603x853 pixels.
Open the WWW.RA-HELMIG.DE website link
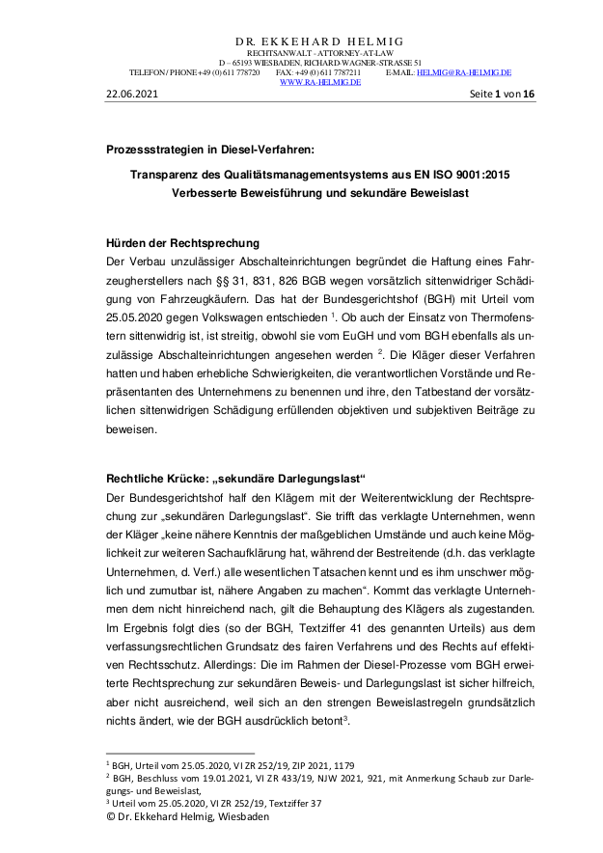(319, 82)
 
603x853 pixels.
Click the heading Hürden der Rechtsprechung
(182, 242)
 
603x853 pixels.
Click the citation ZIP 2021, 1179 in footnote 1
(329, 763)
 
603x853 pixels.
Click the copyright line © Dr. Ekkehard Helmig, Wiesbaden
(188, 816)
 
